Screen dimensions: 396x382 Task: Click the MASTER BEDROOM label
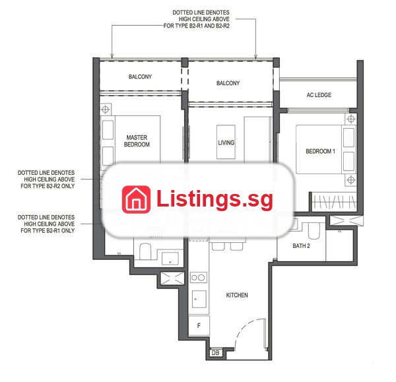pos(137,141)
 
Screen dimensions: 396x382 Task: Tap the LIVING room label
pos(226,143)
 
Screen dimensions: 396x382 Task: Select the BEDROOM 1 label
pos(320,151)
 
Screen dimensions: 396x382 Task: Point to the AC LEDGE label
pos(319,95)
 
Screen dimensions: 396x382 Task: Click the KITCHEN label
pos(237,295)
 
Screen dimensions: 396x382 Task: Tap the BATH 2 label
pos(301,245)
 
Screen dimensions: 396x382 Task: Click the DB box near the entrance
pos(215,353)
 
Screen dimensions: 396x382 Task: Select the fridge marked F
pos(199,325)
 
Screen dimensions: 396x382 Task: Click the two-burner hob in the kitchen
pos(198,278)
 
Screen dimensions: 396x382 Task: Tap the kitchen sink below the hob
pos(199,299)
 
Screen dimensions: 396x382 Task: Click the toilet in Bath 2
pos(314,230)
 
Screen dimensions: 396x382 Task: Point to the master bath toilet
pos(145,251)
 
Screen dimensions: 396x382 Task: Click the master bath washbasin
pos(170,258)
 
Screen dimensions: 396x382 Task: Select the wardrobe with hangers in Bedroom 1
pos(334,203)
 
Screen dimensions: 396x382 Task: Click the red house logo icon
pos(136,199)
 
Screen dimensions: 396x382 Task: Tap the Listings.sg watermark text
pos(214,199)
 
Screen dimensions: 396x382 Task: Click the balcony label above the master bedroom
pos(140,77)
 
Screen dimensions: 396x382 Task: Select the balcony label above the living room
pos(228,83)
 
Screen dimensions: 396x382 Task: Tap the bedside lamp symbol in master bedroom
pos(106,110)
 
